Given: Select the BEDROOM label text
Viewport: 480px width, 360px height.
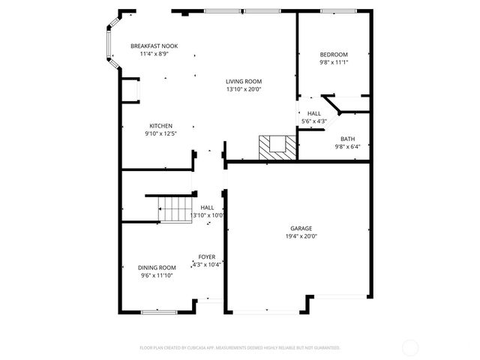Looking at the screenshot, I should coord(334,55).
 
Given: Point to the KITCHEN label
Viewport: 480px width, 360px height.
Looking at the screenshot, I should coord(160,125).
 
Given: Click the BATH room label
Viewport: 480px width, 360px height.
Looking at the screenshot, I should coord(347,139).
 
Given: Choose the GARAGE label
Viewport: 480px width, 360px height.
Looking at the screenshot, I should coord(301,228).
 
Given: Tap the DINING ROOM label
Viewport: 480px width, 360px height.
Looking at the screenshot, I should coord(157,268).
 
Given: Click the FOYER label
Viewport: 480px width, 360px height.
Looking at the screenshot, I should coord(207,256).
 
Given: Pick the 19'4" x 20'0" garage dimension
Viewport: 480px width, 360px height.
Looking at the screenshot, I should coord(301,236).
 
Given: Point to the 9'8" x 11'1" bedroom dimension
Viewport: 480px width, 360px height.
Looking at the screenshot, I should coord(334,63).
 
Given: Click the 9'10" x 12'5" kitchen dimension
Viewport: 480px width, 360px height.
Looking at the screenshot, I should coord(160,133).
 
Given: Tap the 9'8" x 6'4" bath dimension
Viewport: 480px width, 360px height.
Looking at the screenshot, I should coord(347,147).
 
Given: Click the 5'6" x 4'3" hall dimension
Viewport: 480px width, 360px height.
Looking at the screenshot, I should coord(313,121).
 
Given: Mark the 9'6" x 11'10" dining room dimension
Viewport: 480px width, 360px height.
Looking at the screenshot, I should coord(157,276).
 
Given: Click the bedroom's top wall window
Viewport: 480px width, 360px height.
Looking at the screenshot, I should coord(334,11).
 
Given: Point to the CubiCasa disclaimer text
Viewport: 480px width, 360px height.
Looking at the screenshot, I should coord(240,348).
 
